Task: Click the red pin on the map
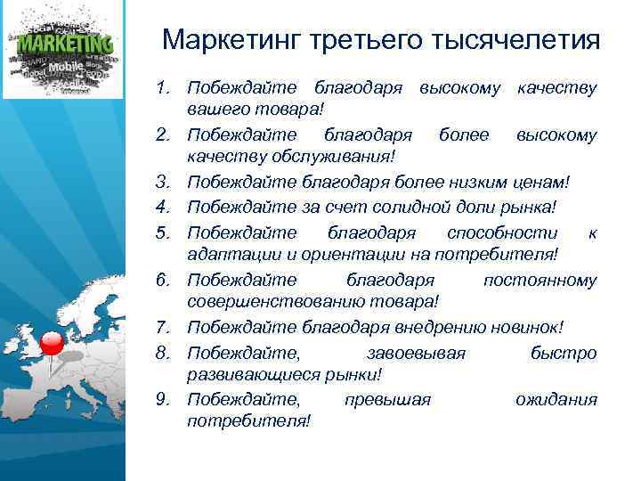coord(53,343)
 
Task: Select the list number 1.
coord(162,88)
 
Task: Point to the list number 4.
coord(162,207)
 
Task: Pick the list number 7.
coord(162,327)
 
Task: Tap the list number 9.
coord(162,399)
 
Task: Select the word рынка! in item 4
coord(527,207)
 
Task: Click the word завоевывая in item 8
coord(416,352)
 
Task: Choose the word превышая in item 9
coord(387,399)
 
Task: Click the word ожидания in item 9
coord(556,399)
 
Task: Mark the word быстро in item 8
coord(563,352)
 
